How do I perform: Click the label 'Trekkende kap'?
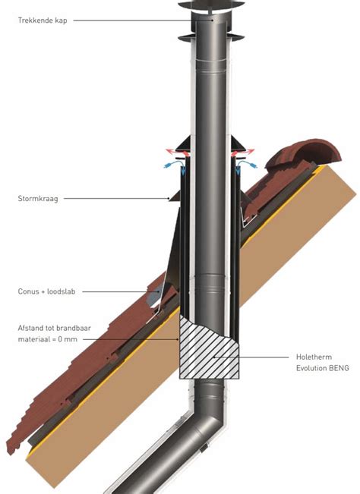43,20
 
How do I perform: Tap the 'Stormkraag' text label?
38,199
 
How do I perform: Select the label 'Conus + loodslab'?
46,291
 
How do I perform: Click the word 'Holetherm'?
314,357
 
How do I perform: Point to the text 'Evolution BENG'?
323,368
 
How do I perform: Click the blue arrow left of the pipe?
175,166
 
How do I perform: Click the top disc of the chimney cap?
211,5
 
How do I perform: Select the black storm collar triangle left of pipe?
175,197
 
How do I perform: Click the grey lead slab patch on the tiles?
154,295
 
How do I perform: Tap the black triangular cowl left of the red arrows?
184,143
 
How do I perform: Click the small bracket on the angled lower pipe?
204,448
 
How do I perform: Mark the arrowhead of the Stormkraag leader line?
169,199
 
